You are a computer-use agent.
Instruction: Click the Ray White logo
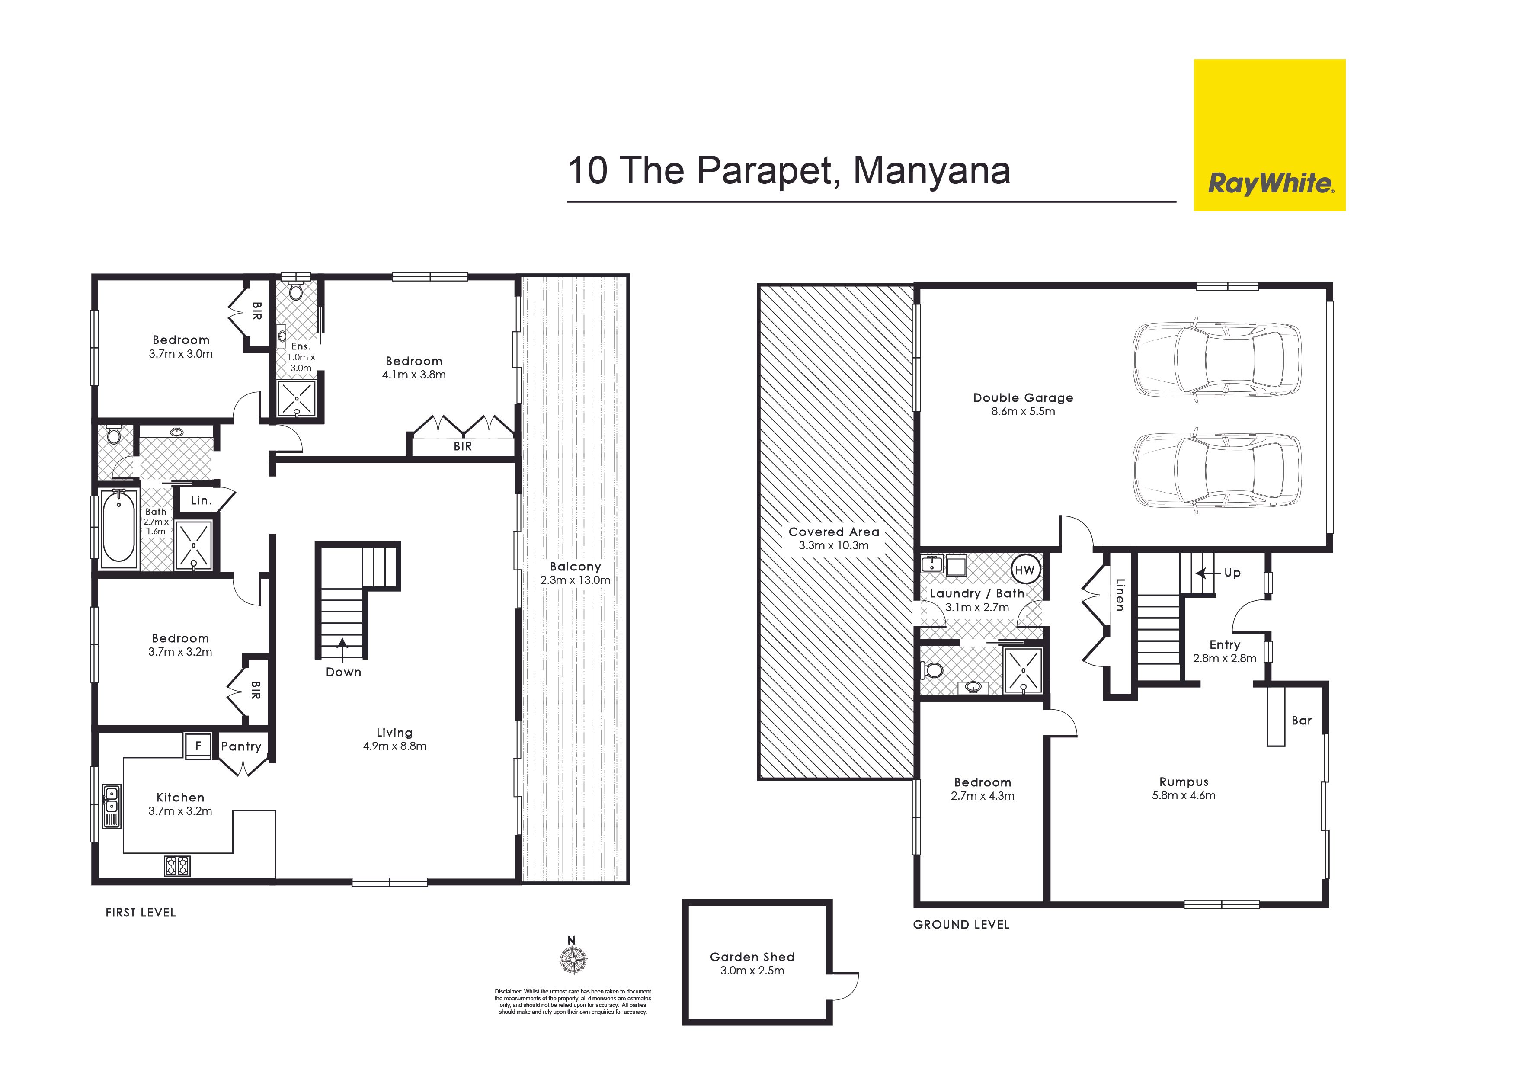tap(1269, 135)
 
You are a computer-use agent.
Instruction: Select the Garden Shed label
tap(752, 956)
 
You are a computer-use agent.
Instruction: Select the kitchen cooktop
tap(177, 865)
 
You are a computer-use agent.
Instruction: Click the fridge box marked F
tap(198, 745)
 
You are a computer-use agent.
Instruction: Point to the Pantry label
tap(241, 746)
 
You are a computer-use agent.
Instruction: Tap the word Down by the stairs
tap(343, 672)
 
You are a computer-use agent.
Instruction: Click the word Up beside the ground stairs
tap(1232, 573)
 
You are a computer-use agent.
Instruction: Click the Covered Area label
tap(834, 531)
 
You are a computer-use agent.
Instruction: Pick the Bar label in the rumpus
tap(1302, 720)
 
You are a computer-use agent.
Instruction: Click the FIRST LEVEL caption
tap(141, 913)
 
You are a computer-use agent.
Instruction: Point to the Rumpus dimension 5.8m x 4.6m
tap(1183, 795)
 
